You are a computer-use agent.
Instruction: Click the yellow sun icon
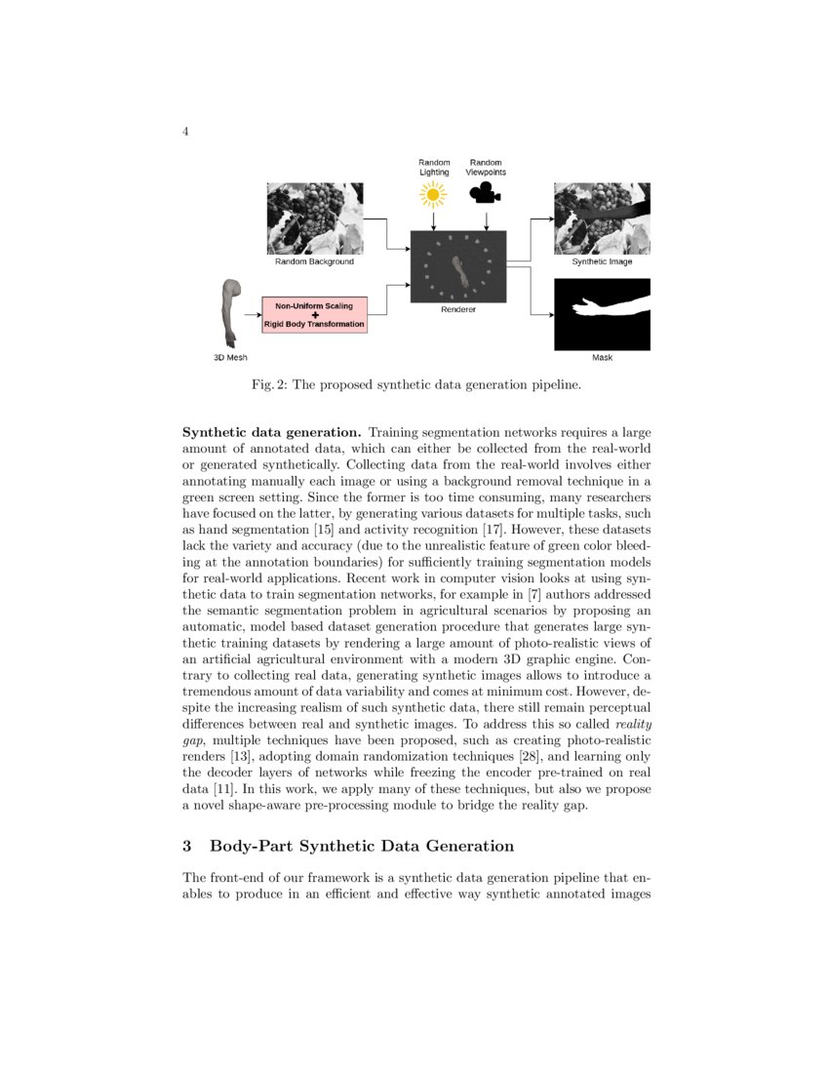433,196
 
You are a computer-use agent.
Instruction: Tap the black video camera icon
486,195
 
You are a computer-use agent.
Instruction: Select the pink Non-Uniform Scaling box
314,315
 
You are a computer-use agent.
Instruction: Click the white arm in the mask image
610,308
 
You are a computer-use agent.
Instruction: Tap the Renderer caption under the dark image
458,309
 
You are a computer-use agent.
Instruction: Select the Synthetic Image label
602,261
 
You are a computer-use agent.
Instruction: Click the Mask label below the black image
602,358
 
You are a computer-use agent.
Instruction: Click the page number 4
185,133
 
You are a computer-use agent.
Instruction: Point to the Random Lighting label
434,167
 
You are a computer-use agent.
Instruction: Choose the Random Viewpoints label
486,167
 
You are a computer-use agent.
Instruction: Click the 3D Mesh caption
230,358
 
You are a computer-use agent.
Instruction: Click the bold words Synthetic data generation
272,431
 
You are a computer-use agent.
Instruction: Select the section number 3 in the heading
188,845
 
